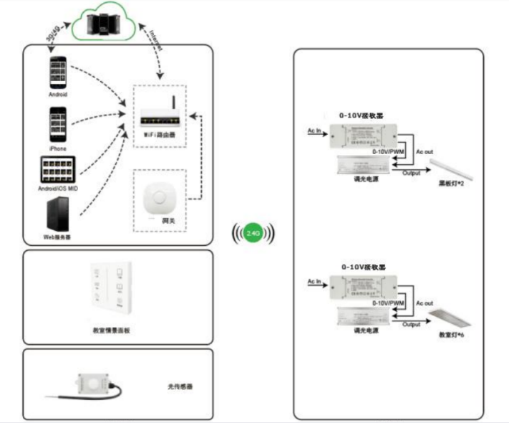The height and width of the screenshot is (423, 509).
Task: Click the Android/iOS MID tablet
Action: tap(59, 170)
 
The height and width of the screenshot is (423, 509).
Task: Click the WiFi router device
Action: tap(159, 113)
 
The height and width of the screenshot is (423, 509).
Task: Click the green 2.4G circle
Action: tap(253, 233)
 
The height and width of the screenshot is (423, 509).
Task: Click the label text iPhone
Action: tap(58, 149)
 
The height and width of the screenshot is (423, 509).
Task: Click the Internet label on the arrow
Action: tap(155, 39)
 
